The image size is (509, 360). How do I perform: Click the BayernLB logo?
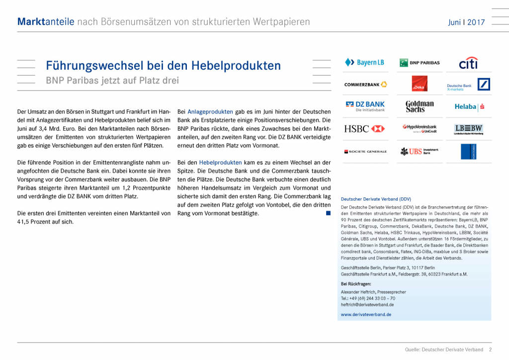point(364,63)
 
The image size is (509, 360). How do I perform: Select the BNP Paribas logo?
point(420,63)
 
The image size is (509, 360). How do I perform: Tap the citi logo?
point(468,63)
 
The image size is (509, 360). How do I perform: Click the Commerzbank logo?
point(365,85)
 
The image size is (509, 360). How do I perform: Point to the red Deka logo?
point(420,84)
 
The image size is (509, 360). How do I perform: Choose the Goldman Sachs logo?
point(420,106)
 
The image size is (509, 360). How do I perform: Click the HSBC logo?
point(364,129)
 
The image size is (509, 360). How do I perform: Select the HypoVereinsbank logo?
point(420,129)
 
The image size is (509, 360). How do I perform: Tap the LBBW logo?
point(468,129)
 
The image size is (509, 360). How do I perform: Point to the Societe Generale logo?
point(365,151)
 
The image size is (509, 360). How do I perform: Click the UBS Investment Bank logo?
point(420,151)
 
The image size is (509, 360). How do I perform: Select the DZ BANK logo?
point(365,106)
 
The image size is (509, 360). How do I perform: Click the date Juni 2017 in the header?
point(466,22)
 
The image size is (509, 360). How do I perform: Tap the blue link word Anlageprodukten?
point(210,111)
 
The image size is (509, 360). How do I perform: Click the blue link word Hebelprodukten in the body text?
point(220,163)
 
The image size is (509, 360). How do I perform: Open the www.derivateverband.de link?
point(366,314)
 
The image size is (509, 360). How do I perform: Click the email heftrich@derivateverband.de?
point(367,304)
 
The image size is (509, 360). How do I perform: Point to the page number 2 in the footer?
point(490,350)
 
